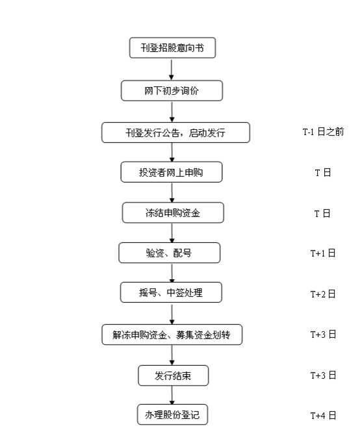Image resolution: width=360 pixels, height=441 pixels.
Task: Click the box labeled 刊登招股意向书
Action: point(172,48)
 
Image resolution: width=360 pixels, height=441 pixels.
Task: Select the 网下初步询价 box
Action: point(172,90)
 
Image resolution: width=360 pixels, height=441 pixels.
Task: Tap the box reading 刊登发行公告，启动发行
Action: point(175,132)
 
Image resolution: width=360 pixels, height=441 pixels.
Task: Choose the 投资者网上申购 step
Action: point(172,172)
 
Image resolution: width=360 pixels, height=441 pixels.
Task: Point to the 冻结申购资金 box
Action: point(173,212)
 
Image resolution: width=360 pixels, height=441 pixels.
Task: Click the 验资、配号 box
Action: point(170,253)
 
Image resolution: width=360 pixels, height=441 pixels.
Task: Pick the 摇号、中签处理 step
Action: point(171,292)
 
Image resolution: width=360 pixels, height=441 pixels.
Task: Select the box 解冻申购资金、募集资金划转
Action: point(172,334)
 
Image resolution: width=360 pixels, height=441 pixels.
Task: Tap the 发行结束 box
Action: point(173,375)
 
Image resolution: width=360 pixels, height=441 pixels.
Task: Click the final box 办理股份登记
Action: point(173,414)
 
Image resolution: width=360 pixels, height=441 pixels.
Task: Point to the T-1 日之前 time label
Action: point(323,132)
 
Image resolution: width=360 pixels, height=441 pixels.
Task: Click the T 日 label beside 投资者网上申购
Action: point(322,172)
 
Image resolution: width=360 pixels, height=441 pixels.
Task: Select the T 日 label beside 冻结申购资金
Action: point(322,214)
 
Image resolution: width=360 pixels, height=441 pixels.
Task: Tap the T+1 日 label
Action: point(323,253)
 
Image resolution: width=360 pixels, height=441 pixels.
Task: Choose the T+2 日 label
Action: point(323,294)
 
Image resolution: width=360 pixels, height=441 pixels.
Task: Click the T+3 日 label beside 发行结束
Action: point(323,375)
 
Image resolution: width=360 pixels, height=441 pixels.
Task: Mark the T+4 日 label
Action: point(323,416)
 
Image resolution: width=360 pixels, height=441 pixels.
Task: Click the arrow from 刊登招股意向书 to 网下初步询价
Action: point(172,69)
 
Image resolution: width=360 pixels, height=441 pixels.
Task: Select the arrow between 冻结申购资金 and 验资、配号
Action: point(172,233)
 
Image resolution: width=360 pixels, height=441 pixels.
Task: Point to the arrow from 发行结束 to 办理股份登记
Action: point(172,395)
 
